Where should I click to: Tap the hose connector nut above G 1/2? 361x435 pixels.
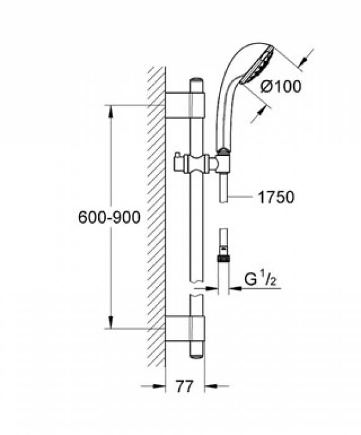tap(223, 255)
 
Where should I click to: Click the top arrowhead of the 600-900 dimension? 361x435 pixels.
tap(111, 110)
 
